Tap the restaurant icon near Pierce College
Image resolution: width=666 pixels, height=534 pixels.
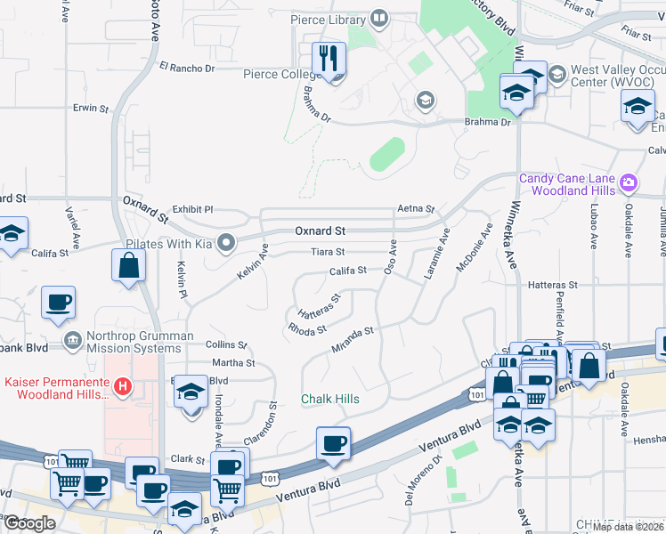[329, 60]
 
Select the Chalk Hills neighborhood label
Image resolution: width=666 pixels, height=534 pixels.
[329, 399]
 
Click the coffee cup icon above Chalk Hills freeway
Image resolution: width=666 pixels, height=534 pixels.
[333, 443]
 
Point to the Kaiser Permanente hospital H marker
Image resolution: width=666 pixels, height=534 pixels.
[124, 387]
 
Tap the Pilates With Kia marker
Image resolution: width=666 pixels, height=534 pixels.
[227, 242]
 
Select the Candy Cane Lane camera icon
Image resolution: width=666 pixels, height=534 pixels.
[629, 183]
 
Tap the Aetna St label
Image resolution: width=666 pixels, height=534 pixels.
[416, 210]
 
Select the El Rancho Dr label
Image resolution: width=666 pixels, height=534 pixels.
[187, 67]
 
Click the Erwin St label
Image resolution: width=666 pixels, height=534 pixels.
[91, 109]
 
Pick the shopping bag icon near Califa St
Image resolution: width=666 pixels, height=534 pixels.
[128, 264]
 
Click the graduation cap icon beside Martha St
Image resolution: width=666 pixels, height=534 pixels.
[191, 392]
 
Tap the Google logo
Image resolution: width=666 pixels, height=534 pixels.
[28, 523]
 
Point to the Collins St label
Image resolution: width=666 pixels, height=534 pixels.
[226, 344]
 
